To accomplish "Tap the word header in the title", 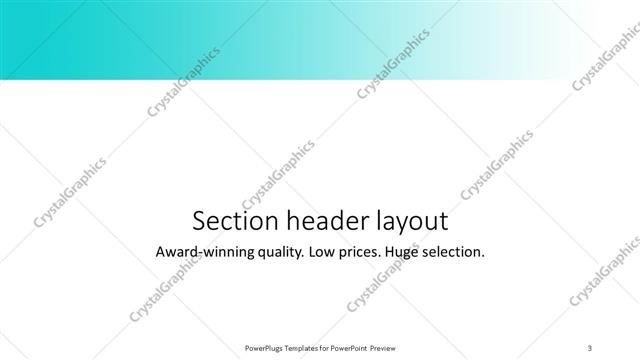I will point(319,220).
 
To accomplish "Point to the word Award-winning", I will point(204,252).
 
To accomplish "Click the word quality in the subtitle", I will point(279,253).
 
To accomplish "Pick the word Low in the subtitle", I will point(327,252).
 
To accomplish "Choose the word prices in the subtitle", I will point(368,253).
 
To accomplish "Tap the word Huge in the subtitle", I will point(414,253).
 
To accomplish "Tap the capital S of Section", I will point(197,220).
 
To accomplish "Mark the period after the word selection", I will point(484,257).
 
